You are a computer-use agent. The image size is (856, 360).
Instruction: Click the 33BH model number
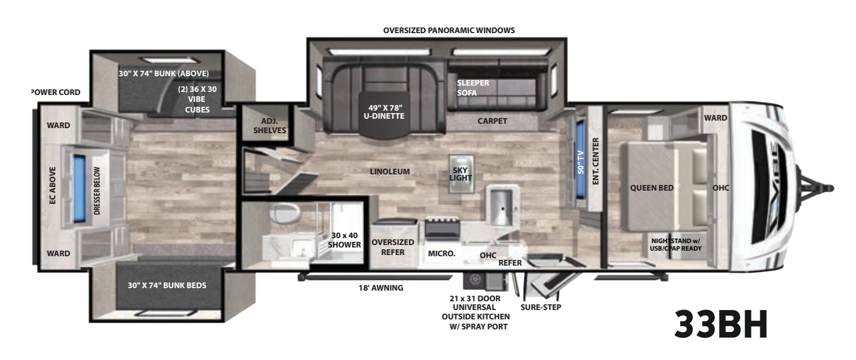tap(721, 324)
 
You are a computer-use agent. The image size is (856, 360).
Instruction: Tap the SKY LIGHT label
tap(460, 174)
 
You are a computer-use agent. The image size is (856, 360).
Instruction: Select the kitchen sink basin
tap(502, 206)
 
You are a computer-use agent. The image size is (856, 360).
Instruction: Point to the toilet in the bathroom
tap(284, 213)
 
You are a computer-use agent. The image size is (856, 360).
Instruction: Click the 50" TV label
tap(581, 162)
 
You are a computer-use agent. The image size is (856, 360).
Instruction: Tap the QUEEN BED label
tap(652, 187)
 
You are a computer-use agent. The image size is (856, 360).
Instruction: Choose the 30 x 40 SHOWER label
tap(345, 240)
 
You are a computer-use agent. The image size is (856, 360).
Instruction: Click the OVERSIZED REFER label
tap(393, 247)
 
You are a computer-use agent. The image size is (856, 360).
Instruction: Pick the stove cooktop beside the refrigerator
tap(442, 228)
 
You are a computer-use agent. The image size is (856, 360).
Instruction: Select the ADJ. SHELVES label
tap(269, 126)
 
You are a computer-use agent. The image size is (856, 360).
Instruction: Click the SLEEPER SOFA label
tap(472, 87)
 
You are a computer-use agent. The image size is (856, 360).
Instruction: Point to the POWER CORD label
tap(56, 92)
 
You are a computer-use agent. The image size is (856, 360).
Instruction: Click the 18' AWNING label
tap(381, 287)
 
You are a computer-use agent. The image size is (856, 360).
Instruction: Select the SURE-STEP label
tap(541, 307)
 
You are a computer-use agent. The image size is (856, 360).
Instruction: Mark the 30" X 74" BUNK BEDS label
tap(167, 285)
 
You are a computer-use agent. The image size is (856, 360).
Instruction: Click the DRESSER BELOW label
tap(97, 191)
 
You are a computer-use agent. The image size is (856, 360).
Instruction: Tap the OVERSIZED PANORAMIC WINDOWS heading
tap(449, 30)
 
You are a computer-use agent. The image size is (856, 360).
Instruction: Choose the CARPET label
tap(492, 121)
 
